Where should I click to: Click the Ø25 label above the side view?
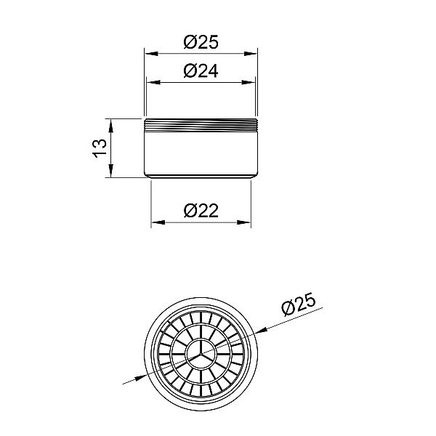coord(201,42)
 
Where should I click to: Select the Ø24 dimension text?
coord(201,71)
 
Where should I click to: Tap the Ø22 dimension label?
coord(201,211)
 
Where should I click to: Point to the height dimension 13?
coord(100,148)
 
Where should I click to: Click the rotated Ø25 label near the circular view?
coord(299,304)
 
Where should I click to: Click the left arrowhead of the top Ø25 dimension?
coord(152,54)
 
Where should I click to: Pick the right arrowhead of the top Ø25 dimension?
coord(251,54)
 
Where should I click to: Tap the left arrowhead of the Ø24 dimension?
coord(153,82)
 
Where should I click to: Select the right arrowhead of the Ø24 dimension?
coord(249,82)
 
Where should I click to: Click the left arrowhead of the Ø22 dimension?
coord(158,222)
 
